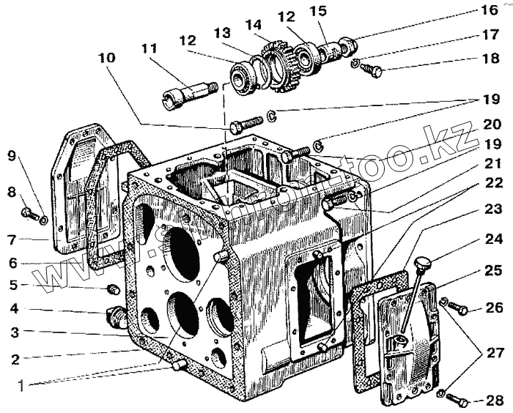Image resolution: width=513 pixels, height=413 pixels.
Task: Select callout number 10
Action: pos(108,59)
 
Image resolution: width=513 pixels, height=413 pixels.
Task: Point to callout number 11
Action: pos(150,49)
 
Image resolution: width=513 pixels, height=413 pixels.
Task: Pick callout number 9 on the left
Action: pos(11,155)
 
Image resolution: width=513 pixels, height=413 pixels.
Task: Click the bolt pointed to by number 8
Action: pos(28,213)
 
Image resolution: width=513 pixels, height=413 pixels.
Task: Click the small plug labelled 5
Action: pos(113,286)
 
